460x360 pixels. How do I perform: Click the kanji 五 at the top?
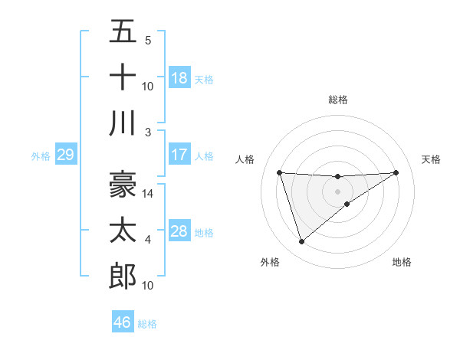coord(123,32)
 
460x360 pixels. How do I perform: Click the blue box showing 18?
coord(179,78)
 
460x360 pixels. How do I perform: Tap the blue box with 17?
coord(179,154)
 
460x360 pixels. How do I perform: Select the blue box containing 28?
coord(179,231)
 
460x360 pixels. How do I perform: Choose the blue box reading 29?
coord(65,155)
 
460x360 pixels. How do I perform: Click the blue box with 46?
coord(123,322)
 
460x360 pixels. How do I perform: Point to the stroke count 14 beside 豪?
coord(148,194)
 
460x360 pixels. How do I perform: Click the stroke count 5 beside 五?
coord(148,41)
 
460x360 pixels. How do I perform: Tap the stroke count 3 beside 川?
coord(148,133)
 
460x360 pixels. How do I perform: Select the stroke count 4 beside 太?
coord(148,240)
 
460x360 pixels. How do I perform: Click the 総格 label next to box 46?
coord(147,324)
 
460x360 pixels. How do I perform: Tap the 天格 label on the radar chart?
coord(432,159)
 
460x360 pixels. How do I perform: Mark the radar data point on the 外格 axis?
coord(301,242)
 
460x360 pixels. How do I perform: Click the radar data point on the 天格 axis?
coord(396,172)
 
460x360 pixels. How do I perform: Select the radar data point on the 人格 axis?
coord(280,172)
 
